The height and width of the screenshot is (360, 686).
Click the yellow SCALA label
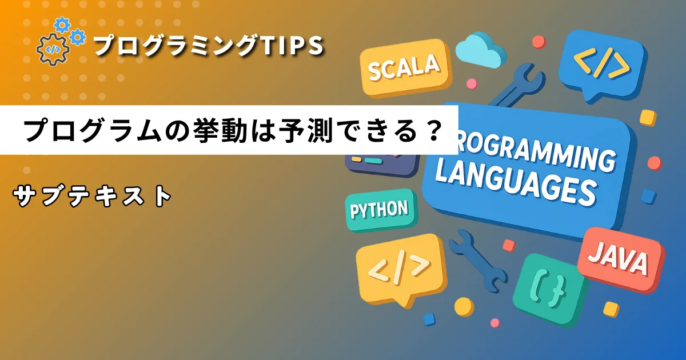tap(405, 70)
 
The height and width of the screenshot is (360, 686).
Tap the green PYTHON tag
tap(381, 210)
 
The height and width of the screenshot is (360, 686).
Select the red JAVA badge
tap(620, 261)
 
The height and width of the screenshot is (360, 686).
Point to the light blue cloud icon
tap(480, 50)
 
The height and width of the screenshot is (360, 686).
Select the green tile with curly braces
tap(551, 291)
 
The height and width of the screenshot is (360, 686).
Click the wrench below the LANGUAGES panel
tap(478, 264)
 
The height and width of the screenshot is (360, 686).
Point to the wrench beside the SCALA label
tap(517, 87)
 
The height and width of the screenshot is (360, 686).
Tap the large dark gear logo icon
tap(52, 50)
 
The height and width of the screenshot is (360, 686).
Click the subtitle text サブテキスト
tap(92, 196)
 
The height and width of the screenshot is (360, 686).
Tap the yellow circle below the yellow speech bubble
tap(464, 306)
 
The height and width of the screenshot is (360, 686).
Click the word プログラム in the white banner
tap(92, 131)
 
